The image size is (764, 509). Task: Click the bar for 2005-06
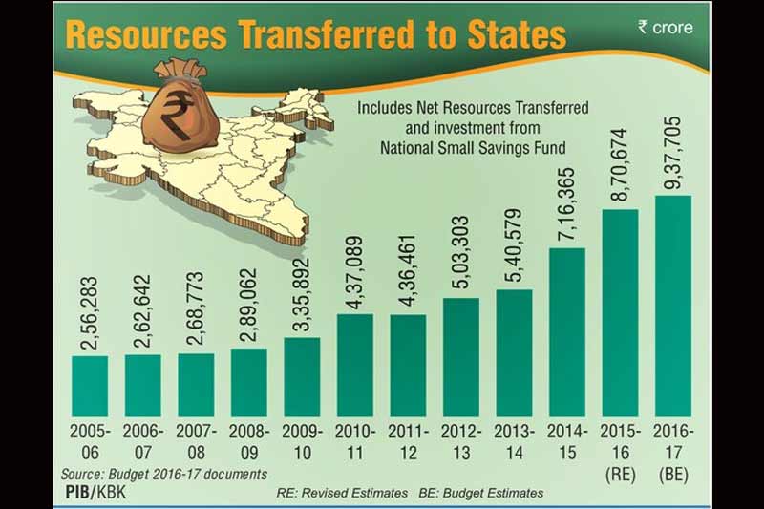(90, 386)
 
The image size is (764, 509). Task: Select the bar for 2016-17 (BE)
(672, 306)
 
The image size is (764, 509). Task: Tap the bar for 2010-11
(354, 365)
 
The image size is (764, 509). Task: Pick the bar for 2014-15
(566, 331)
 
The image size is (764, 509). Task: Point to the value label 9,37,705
(672, 151)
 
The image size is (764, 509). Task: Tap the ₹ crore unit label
(665, 28)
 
